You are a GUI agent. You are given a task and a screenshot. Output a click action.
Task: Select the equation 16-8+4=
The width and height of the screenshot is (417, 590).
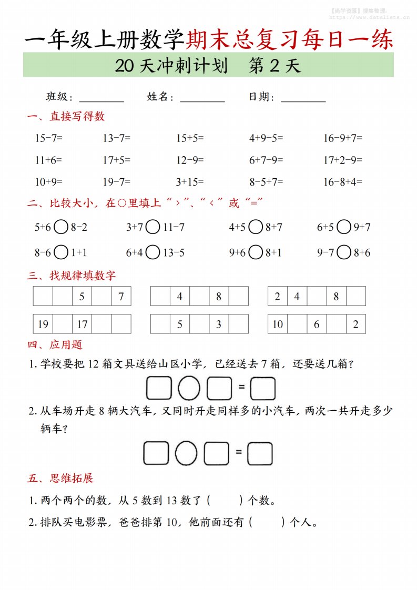pyautogui.click(x=343, y=182)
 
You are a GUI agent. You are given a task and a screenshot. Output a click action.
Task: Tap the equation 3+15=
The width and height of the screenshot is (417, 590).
pyautogui.click(x=190, y=182)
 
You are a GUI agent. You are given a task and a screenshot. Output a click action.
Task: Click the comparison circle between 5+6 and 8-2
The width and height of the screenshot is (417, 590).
pyautogui.click(x=61, y=228)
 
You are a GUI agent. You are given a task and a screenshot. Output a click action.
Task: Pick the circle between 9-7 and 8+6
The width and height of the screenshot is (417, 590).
pyautogui.click(x=344, y=253)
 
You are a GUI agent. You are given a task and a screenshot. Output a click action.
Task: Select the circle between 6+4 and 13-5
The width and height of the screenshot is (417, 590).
pyautogui.click(x=153, y=253)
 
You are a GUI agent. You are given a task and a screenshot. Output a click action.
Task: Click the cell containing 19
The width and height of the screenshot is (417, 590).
pyautogui.click(x=43, y=324)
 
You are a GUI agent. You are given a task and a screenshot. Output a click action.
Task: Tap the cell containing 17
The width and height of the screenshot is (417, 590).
pyautogui.click(x=82, y=324)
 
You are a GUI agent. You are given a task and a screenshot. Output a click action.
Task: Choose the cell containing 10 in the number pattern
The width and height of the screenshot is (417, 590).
pyautogui.click(x=278, y=324)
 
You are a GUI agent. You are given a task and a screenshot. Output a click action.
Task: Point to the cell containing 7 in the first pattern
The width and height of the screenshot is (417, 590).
pyautogui.click(x=121, y=297)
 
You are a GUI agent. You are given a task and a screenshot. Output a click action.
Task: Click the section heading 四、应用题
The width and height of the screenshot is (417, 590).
pyautogui.click(x=55, y=345)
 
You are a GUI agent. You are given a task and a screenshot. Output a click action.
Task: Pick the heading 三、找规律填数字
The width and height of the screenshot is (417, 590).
pyautogui.click(x=72, y=275)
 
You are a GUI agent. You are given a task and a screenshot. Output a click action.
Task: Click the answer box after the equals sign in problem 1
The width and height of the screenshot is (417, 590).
pyautogui.click(x=263, y=389)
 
